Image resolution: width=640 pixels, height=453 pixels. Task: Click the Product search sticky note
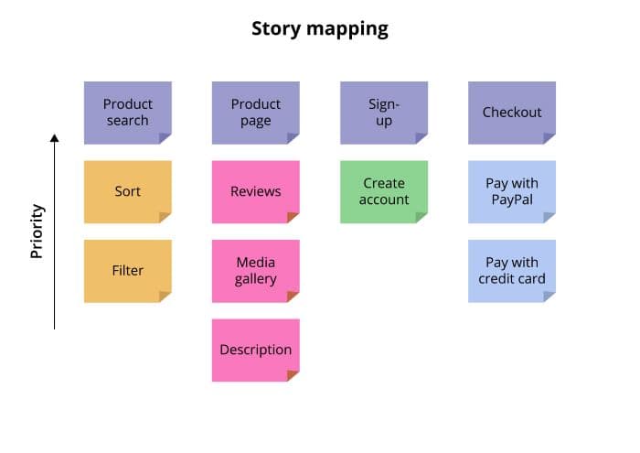128,113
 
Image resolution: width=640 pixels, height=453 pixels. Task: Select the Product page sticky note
256,113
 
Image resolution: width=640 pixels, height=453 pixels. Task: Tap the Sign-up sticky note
384,113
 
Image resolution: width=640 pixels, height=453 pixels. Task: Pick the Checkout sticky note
512,113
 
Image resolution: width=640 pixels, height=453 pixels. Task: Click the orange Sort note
128,192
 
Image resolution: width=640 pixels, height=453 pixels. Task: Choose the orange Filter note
128,271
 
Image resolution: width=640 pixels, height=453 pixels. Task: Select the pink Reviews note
256,192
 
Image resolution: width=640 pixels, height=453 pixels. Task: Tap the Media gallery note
256,271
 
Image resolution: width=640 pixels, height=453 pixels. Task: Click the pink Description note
256,351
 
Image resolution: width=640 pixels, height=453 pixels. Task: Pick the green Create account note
384,192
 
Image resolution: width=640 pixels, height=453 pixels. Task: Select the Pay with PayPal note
512,192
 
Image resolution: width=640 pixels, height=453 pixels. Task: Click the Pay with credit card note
512,271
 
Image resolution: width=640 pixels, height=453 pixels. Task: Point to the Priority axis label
37,232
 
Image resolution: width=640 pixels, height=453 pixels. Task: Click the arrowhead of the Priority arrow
54,137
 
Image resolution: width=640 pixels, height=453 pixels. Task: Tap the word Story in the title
276,29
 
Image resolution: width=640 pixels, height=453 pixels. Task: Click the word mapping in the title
347,30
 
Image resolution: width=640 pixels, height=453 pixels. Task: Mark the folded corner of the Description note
293,375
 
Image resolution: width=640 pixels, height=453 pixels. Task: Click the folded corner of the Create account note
421,217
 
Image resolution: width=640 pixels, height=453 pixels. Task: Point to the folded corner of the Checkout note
549,137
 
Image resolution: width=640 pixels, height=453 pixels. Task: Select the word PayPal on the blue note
512,200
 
